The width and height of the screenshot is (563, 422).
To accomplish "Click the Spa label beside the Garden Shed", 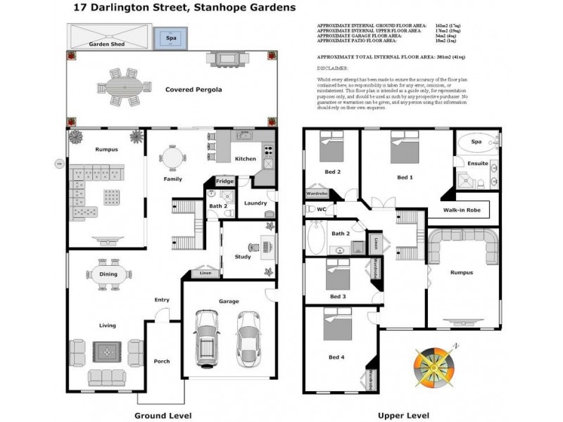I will click(x=170, y=37).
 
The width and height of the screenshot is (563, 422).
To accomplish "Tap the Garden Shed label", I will click(x=106, y=44).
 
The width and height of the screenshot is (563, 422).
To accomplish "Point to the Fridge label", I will click(x=224, y=182).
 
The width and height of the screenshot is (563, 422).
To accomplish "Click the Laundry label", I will click(x=255, y=204).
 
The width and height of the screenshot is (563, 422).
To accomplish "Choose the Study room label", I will click(x=242, y=257).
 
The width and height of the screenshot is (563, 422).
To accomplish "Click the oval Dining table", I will click(x=108, y=274).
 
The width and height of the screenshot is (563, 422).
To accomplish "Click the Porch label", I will click(x=162, y=362).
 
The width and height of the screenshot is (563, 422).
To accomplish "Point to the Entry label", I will click(x=162, y=300).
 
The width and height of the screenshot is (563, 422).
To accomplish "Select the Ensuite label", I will click(x=478, y=163).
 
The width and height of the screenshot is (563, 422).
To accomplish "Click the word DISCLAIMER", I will click(x=334, y=68).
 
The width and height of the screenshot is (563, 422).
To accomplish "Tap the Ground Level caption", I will click(x=156, y=415).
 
